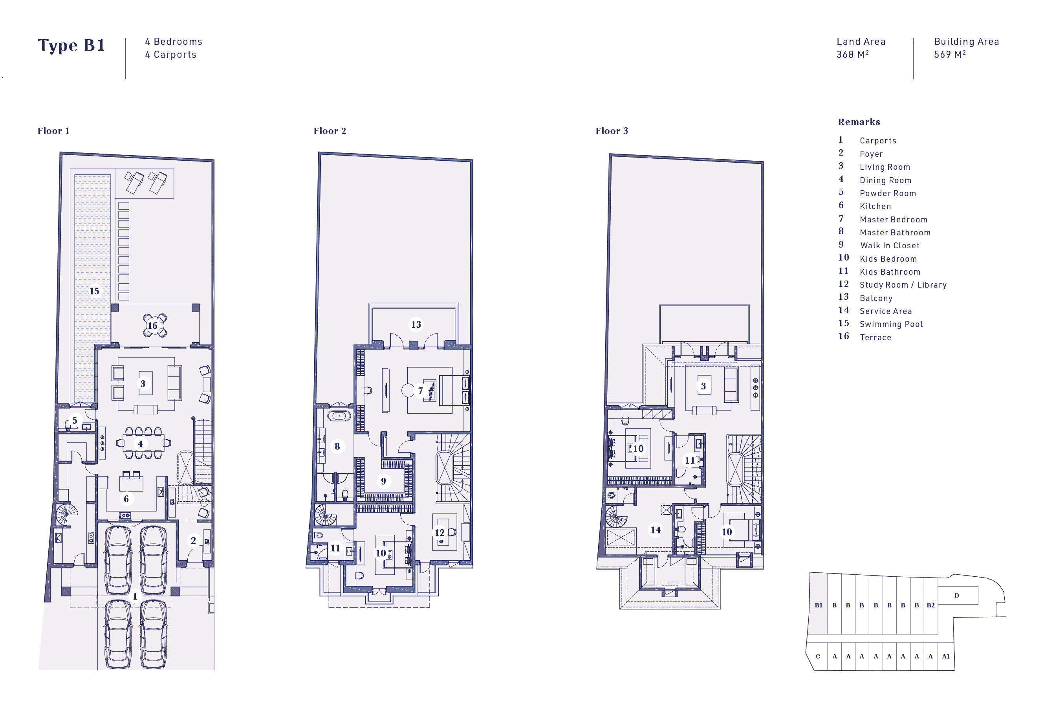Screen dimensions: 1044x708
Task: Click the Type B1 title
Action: click(x=71, y=45)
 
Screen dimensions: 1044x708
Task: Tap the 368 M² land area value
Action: click(x=852, y=54)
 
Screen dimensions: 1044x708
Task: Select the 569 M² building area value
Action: click(x=950, y=54)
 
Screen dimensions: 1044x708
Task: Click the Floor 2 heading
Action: click(x=330, y=131)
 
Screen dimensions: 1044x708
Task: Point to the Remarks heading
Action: click(x=859, y=122)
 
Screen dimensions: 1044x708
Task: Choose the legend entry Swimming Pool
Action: click(x=891, y=324)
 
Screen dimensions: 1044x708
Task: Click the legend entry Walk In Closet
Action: click(x=890, y=245)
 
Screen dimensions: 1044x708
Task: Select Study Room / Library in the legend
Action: click(x=903, y=285)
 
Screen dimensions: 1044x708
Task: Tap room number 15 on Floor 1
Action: click(x=94, y=291)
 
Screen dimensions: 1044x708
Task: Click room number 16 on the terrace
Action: click(x=153, y=325)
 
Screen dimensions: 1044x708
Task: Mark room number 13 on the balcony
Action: click(x=416, y=325)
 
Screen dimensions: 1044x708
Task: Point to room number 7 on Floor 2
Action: click(x=421, y=391)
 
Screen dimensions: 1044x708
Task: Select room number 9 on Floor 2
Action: click(x=383, y=481)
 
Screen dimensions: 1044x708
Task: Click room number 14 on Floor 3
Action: click(x=656, y=530)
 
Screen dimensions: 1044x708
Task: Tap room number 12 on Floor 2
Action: click(x=440, y=533)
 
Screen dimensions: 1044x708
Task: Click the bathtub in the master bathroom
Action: click(x=339, y=416)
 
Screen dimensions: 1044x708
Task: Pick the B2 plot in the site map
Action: click(x=930, y=605)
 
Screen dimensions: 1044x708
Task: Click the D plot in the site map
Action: click(x=957, y=595)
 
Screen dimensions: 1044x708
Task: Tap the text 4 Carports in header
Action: click(x=171, y=54)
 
